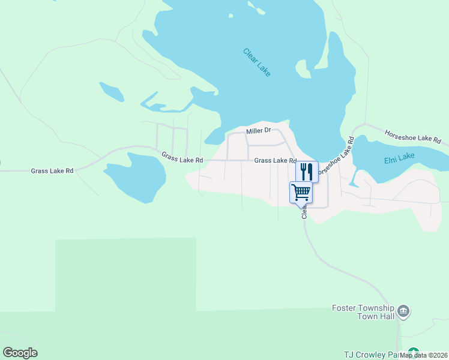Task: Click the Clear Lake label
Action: [x=257, y=62]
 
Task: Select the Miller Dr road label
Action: [x=259, y=130]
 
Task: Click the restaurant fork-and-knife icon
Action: [x=307, y=171]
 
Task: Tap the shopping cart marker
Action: [x=301, y=193]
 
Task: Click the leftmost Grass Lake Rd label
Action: [x=52, y=171]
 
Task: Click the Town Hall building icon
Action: [x=404, y=310]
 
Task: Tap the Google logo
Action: [x=20, y=353]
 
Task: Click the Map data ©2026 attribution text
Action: [x=424, y=355]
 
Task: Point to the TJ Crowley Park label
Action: [x=372, y=355]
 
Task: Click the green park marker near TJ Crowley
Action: [x=413, y=352]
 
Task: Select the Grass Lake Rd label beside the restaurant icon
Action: [x=275, y=161]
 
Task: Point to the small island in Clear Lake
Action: [x=259, y=8]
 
